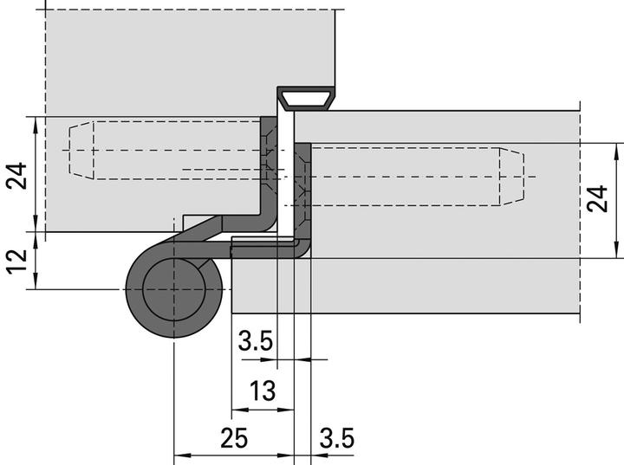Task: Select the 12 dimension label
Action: [16, 261]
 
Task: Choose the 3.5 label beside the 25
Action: [336, 439]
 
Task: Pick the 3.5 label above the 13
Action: [257, 342]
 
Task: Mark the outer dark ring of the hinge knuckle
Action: [139, 307]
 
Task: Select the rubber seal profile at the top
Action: [307, 98]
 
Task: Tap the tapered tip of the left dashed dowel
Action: [81, 150]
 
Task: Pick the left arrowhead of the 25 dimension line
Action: [179, 454]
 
